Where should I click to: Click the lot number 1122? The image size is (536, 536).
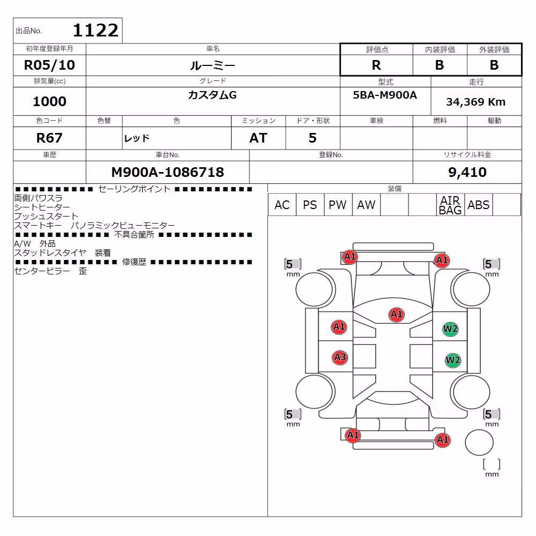[x=95, y=31]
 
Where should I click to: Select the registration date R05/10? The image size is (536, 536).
[x=49, y=65]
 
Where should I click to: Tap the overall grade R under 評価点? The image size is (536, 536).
[x=376, y=65]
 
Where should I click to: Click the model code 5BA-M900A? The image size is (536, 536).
[x=385, y=95]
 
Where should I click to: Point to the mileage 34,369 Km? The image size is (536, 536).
[x=476, y=102]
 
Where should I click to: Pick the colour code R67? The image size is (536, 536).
[x=49, y=138]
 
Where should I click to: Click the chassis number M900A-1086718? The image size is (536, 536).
[x=167, y=172]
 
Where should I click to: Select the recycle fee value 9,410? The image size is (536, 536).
[x=467, y=172]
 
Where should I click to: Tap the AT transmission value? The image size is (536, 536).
[x=258, y=138]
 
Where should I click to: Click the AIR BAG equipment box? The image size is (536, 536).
[x=450, y=205]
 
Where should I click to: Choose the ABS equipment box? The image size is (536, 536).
[x=478, y=205]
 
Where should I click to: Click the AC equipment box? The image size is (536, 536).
[x=282, y=205]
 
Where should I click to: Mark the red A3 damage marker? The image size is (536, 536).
[x=340, y=358]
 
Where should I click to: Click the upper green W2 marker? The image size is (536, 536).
[x=450, y=329]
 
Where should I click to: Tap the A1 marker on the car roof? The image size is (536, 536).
[x=397, y=315]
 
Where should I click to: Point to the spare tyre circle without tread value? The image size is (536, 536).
[x=479, y=442]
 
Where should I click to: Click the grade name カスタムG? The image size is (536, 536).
[x=212, y=95]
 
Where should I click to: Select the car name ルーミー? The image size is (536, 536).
[x=212, y=65]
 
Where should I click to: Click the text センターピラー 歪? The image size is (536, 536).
[x=50, y=271]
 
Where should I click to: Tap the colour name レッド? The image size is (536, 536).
[x=137, y=138]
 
